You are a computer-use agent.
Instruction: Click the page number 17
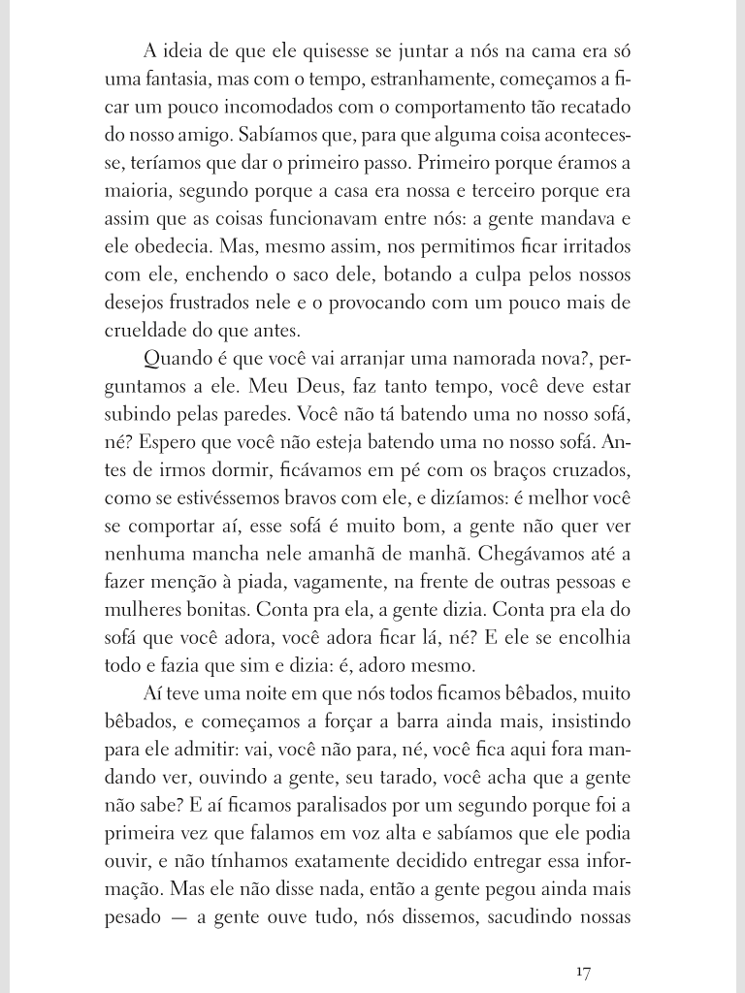point(583,971)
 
